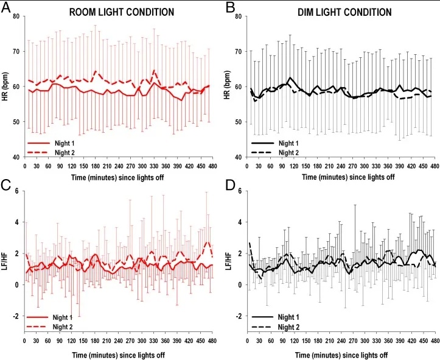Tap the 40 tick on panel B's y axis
[240, 157]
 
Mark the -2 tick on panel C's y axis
[16, 316]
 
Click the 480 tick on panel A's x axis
[209, 166]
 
